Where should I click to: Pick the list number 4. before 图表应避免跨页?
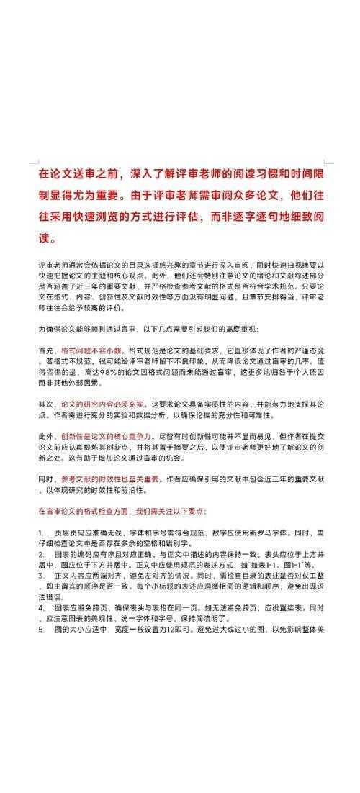pos(41,609)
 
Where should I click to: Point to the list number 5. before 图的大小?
pos(41,630)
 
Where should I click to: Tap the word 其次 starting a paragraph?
pos(45,405)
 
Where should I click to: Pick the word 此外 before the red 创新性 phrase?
pos(45,436)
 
